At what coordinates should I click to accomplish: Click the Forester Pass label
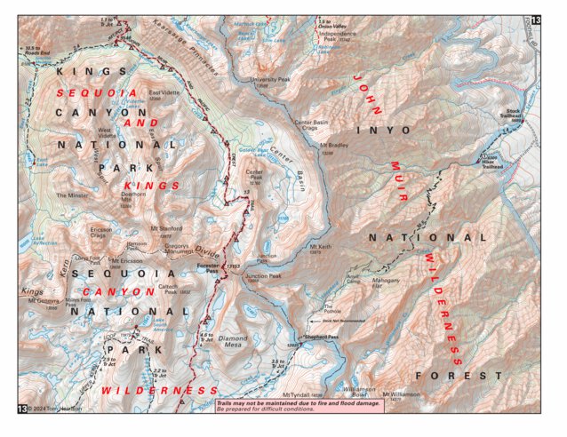pyautogui.click(x=206, y=265)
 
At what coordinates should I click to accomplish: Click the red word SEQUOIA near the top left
pyautogui.click(x=98, y=92)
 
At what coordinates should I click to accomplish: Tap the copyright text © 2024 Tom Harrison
pyautogui.click(x=57, y=409)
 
